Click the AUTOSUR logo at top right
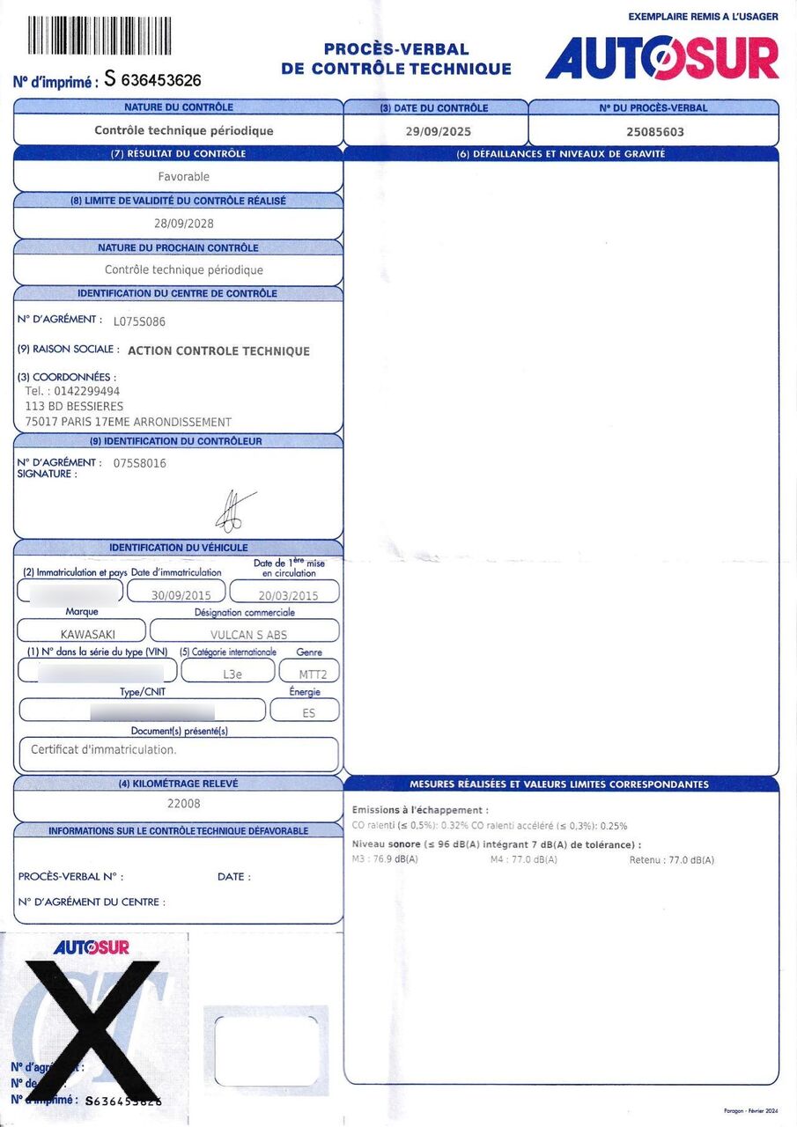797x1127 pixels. click(x=661, y=57)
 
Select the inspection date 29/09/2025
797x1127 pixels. click(x=438, y=131)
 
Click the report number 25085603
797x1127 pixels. click(x=654, y=132)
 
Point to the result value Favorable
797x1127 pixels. click(x=184, y=176)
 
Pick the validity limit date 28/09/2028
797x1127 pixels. click(x=184, y=224)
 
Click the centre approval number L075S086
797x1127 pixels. click(x=139, y=321)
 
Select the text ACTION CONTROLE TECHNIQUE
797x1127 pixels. click(x=218, y=350)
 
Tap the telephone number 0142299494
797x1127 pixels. click(x=85, y=391)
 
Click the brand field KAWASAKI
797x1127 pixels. click(x=87, y=634)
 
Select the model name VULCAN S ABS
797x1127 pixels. click(x=248, y=634)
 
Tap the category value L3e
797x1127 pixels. click(x=232, y=674)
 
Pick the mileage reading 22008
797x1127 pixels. click(x=183, y=803)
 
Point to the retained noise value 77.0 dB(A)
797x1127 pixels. click(x=690, y=859)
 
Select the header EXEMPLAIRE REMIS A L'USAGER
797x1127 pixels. click(x=703, y=16)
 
